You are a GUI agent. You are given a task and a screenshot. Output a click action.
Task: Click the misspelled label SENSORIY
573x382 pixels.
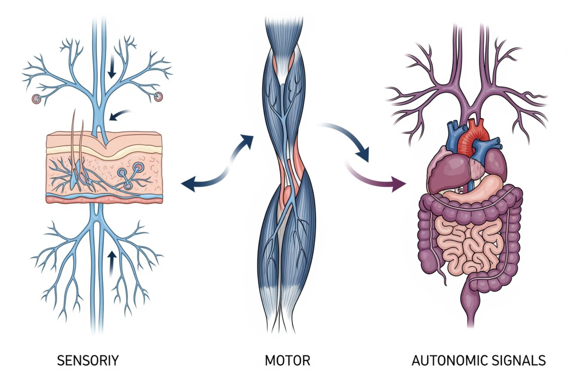click(88, 361)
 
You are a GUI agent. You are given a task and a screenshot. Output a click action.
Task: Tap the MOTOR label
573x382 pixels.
click(287, 361)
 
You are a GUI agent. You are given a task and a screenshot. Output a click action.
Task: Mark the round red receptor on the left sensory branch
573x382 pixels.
click(36, 98)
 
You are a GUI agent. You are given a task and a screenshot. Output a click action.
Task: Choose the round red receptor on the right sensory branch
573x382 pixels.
click(159, 97)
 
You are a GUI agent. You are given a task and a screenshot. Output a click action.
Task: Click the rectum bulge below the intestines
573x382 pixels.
click(471, 298)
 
